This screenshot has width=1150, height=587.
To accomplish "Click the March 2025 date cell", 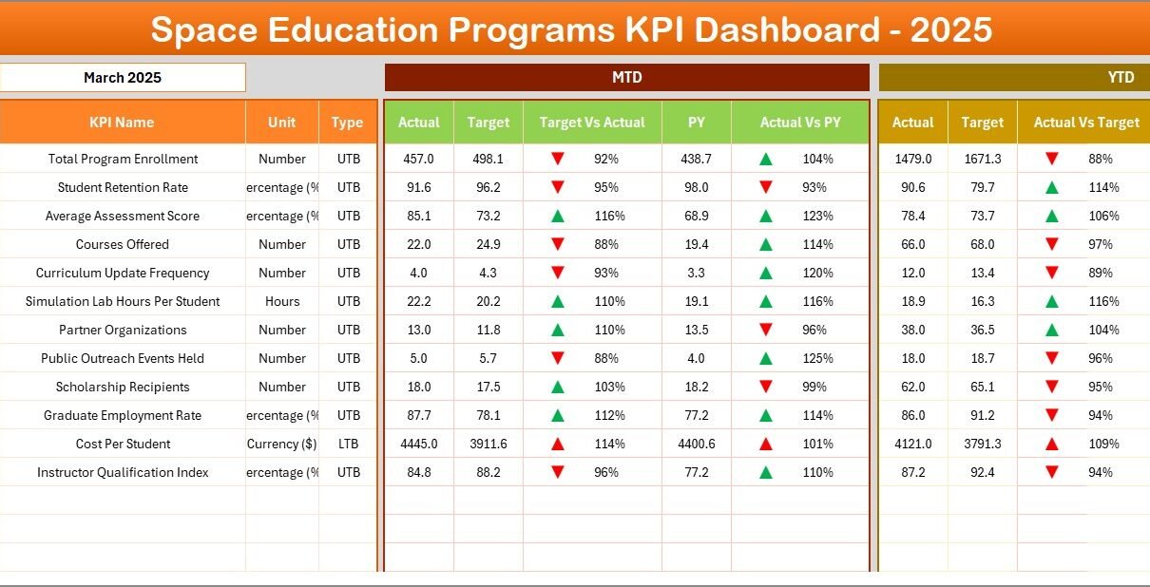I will coord(123,78).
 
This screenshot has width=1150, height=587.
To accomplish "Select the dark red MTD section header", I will coord(626,78).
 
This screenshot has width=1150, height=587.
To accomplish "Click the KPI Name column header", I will coord(122,123).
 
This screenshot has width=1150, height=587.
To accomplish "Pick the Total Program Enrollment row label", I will coord(123,159).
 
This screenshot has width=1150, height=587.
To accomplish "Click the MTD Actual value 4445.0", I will coord(418,444).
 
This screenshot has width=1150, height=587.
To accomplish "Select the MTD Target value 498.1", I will coord(488,159).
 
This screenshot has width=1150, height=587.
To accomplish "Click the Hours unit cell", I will coord(282,301).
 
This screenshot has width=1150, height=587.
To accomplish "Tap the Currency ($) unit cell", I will coord(282,444).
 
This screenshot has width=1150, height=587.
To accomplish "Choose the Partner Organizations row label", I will coord(123,330).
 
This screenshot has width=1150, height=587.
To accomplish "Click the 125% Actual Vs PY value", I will coord(817,358).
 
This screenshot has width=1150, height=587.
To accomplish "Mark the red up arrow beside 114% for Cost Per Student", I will coord(558,444).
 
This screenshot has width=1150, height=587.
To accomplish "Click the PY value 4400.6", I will coord(696,444).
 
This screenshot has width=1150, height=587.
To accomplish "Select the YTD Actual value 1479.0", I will coord(912,159).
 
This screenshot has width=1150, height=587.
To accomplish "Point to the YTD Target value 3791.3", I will coord(982,444).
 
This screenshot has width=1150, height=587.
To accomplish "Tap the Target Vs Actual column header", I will coord(591,123).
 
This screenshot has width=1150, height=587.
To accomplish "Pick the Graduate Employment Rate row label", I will coord(123,415).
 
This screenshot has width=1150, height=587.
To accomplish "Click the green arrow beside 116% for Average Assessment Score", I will coord(558,216).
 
